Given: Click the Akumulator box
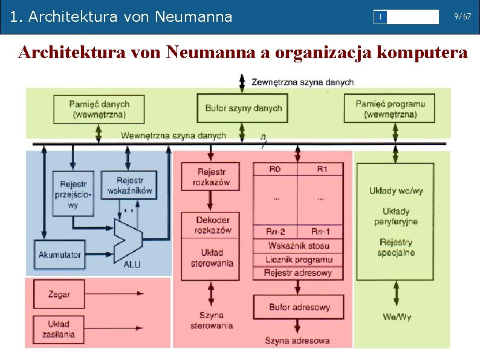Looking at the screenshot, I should coord(60,255).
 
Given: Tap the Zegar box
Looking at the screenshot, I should coord(59,294).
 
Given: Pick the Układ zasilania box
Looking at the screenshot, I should coord(59,329).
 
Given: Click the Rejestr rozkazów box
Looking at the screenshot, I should coord(211,177).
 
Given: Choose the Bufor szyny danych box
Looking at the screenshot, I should coord(243,108).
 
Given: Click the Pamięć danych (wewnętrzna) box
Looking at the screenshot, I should coord(99,109).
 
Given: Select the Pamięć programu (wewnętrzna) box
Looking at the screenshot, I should coord(390,109).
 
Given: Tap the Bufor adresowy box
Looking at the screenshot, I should coord(299,307).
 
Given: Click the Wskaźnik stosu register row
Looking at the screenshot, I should coord(298,246).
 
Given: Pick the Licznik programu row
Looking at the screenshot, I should coord(298,260).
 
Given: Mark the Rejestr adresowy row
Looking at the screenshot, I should coord(298,273).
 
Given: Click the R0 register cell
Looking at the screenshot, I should coord(275,169).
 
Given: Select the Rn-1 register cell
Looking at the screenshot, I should coord(320,232).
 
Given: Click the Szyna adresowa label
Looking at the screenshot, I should coord(297,341).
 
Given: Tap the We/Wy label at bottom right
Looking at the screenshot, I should coord(397,317).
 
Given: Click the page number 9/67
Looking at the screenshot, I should coord(462,17).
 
